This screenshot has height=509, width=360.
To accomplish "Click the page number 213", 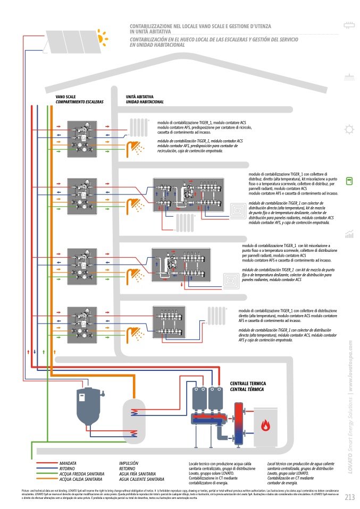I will pos(349,497).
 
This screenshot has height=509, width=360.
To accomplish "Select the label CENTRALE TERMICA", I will pos(247,384).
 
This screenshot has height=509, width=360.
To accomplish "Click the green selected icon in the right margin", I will pos(349,181).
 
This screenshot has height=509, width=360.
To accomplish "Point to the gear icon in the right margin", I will pos(349,129).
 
